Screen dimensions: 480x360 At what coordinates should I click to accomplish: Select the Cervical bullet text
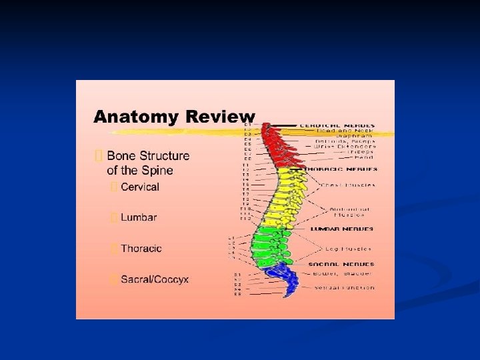point(140,187)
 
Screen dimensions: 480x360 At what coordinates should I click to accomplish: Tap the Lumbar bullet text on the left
point(139,217)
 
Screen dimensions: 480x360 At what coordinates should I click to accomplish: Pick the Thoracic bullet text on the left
point(141,249)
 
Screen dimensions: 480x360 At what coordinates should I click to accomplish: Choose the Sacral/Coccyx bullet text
point(155,279)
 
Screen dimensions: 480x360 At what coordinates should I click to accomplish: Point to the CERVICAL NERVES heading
point(336,125)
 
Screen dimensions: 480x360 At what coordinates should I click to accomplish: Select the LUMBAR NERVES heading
point(342,229)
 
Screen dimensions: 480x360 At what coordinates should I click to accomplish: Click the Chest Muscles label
point(348,185)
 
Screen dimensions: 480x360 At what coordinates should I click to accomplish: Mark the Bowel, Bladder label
point(343,273)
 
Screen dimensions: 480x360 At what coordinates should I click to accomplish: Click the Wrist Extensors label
point(346,146)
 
